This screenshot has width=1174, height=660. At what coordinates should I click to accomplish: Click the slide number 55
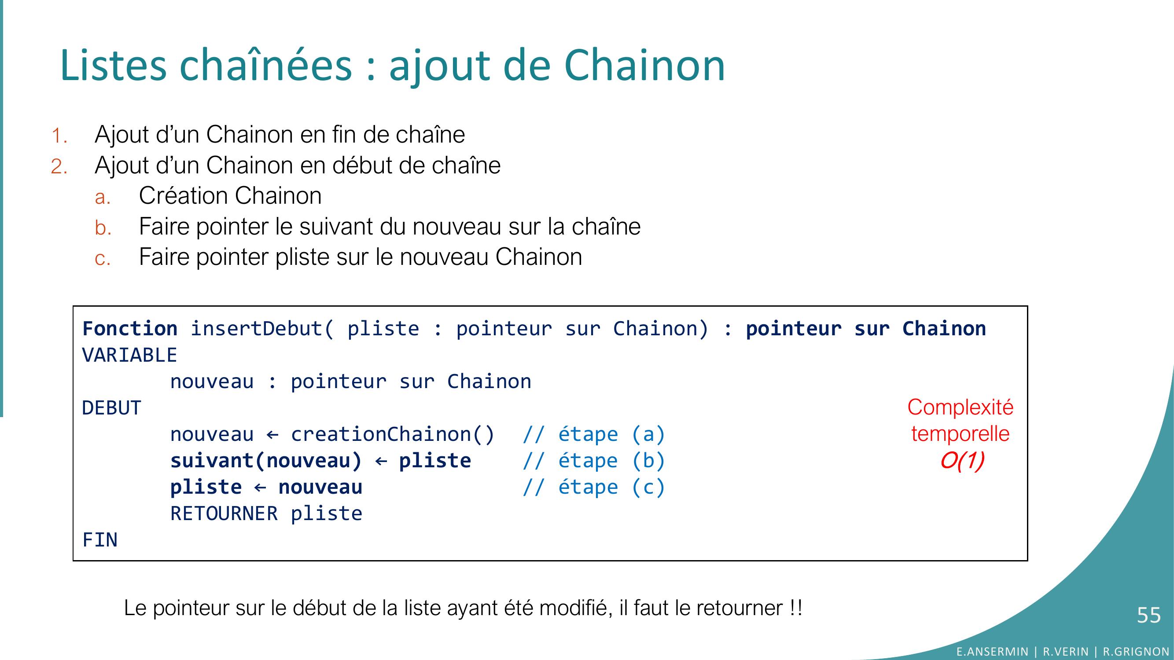pyautogui.click(x=1148, y=616)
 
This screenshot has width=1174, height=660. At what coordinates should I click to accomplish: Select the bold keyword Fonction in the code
pyautogui.click(x=130, y=328)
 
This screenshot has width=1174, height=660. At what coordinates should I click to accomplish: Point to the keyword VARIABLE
pyautogui.click(x=129, y=355)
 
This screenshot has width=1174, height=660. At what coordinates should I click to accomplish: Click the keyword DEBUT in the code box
pyautogui.click(x=112, y=408)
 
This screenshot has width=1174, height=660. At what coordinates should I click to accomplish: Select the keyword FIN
pyautogui.click(x=100, y=540)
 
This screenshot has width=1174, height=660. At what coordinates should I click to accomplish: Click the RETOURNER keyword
pyautogui.click(x=224, y=514)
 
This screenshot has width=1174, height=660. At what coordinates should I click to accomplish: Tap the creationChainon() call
pyautogui.click(x=393, y=435)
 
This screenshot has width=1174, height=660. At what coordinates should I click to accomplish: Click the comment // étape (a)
pyautogui.click(x=594, y=435)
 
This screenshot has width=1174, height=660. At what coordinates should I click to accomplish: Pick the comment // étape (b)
pyautogui.click(x=594, y=461)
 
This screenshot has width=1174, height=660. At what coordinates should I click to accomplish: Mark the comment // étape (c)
pyautogui.click(x=594, y=488)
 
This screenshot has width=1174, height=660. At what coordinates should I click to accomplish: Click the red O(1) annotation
pyautogui.click(x=962, y=461)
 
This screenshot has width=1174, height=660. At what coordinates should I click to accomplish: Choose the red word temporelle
pyautogui.click(x=960, y=434)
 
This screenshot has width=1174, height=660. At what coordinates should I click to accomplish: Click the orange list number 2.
pyautogui.click(x=59, y=167)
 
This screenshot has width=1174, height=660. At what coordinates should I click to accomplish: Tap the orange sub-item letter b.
pyautogui.click(x=103, y=227)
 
